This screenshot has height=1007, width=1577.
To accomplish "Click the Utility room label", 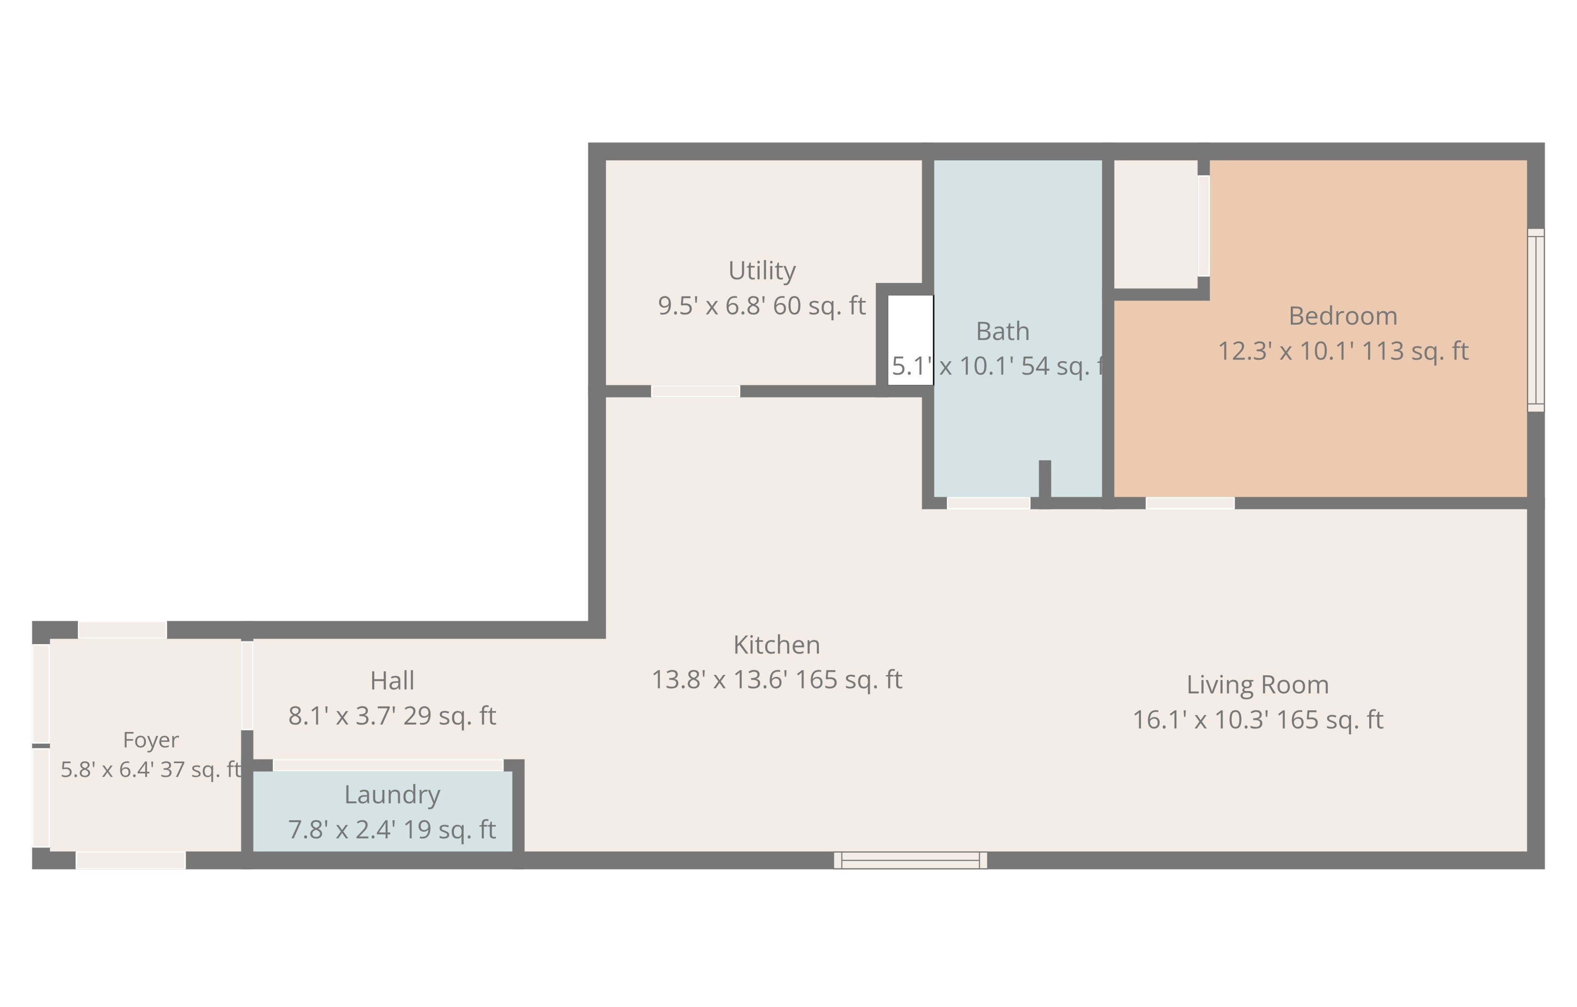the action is tap(762, 271).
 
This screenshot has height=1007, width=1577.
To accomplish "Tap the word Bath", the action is tap(1002, 331).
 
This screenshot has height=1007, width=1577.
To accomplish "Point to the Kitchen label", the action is tap(777, 645).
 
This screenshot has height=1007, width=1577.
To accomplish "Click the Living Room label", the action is tap(1258, 685).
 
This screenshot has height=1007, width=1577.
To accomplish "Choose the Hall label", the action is tap(392, 681).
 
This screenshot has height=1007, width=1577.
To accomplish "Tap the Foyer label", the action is tap(151, 740).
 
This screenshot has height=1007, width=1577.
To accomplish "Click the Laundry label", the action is tap(392, 795).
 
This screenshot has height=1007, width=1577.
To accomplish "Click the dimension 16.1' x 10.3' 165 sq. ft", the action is tap(1258, 720).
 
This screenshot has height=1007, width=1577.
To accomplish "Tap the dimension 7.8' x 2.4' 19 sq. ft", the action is tap(392, 830).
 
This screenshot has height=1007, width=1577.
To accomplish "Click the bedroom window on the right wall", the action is tap(1536, 320).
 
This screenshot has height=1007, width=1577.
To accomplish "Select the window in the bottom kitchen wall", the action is tap(910, 860).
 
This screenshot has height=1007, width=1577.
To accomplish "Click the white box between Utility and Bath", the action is tap(910, 340).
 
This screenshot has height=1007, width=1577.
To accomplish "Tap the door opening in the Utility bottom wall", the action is tap(696, 391).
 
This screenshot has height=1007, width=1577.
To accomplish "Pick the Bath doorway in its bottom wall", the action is tap(989, 503).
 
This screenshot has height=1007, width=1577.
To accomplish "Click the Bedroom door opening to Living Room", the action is tap(1190, 503).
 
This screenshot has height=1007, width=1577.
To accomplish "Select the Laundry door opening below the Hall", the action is tap(388, 765).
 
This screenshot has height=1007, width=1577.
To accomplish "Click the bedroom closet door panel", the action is tap(1204, 226).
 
